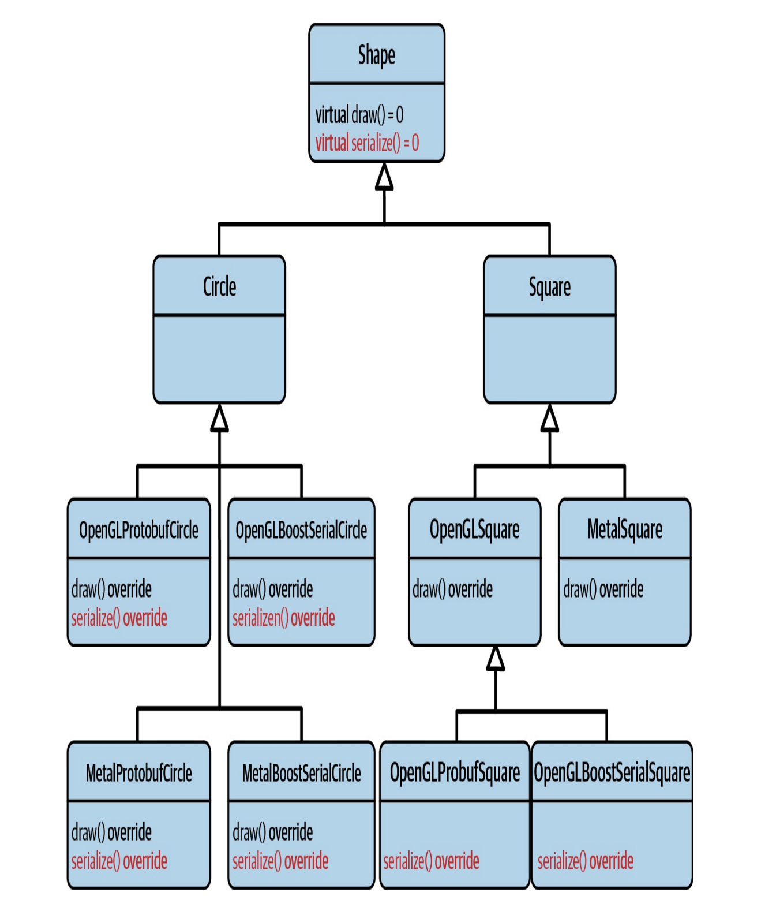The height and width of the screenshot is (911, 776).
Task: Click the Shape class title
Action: pyautogui.click(x=376, y=55)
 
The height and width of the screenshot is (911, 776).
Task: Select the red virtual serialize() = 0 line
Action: pyautogui.click(x=367, y=143)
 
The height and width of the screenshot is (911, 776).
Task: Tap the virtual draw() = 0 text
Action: pyautogui.click(x=359, y=115)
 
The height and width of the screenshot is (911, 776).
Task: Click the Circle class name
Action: pyautogui.click(x=219, y=286)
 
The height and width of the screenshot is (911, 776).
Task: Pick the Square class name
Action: pyautogui.click(x=549, y=287)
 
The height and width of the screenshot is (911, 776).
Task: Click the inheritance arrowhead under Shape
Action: pyautogui.click(x=384, y=177)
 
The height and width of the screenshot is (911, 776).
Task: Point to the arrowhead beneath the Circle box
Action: pyautogui.click(x=219, y=419)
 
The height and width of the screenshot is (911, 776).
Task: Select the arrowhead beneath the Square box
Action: pyautogui.click(x=549, y=419)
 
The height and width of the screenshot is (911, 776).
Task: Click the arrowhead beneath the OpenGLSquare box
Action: pyautogui.click(x=495, y=659)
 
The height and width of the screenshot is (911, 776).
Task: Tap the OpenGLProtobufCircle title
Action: pyautogui.click(x=138, y=530)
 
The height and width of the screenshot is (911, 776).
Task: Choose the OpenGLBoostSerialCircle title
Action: pyautogui.click(x=301, y=530)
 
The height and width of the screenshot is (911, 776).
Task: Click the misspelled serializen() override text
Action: pyautogui.click(x=283, y=618)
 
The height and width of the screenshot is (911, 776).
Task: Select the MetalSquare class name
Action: pyautogui.click(x=624, y=529)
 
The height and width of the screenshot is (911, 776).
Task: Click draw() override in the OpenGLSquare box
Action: pyautogui.click(x=452, y=589)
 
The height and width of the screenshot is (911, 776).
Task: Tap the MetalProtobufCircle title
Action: pyautogui.click(x=138, y=773)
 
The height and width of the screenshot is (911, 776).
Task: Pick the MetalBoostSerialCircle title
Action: pyautogui.click(x=301, y=773)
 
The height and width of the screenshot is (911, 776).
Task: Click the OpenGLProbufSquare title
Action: pyautogui.click(x=455, y=773)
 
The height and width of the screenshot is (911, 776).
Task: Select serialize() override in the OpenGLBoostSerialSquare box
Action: pyautogui.click(x=585, y=861)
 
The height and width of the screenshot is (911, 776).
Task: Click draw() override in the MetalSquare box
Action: pyautogui.click(x=603, y=589)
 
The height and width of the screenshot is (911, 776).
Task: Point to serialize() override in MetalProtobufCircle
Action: pyautogui.click(x=119, y=861)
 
